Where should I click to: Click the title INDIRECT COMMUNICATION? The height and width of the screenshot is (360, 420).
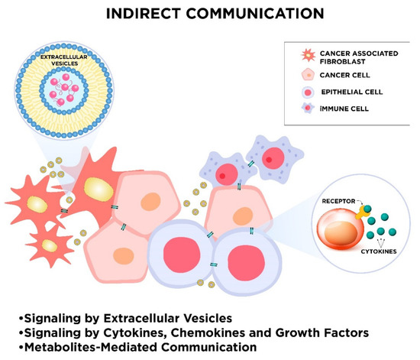point(209,13)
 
